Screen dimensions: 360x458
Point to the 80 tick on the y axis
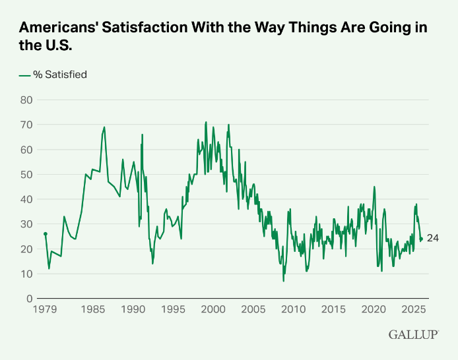tap(26, 100)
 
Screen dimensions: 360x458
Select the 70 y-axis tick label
tap(26, 125)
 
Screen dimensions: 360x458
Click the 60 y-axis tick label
tap(26, 150)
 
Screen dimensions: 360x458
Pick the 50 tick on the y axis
tap(26, 174)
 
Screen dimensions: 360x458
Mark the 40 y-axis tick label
tap(26, 199)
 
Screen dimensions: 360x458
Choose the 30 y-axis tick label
tap(26, 224)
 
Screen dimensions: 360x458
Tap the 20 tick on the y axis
tap(26, 249)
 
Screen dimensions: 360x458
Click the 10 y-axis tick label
tap(26, 274)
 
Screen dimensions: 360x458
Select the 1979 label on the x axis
tap(45, 309)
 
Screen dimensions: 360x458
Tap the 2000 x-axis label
tap(213, 309)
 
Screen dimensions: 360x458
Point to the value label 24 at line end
tap(433, 239)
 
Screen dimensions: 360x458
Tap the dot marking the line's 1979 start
tap(45, 234)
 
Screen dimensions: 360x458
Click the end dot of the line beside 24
tap(421, 239)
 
